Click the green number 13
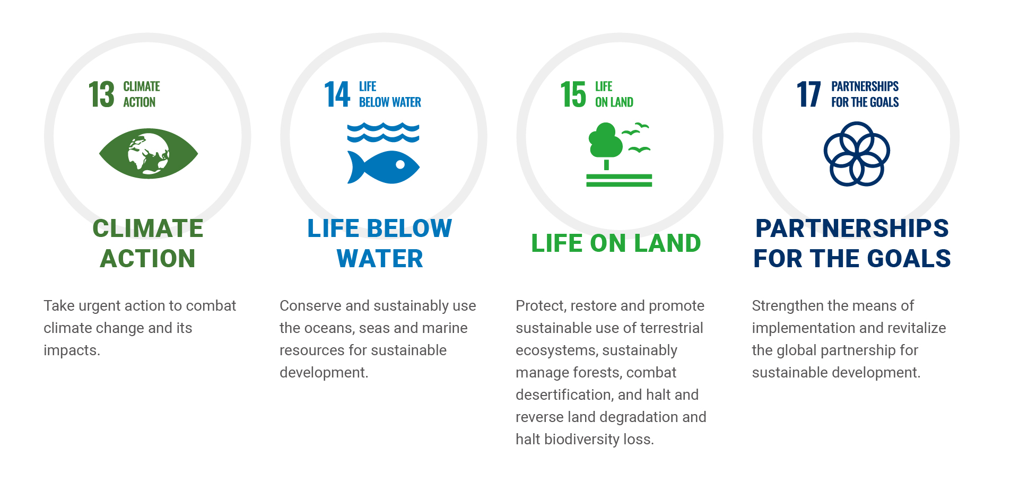[x=101, y=94]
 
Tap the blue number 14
[x=337, y=94]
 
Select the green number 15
[x=573, y=94]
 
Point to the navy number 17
[x=809, y=94]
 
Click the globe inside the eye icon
[x=149, y=154]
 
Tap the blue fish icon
[x=384, y=167]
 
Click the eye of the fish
[x=400, y=164]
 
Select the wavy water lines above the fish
[x=383, y=133]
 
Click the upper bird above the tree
[x=642, y=125]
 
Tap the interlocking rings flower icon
[x=857, y=154]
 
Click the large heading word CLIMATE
[x=148, y=229]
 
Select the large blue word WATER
[x=380, y=259]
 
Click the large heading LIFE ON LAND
[x=616, y=243]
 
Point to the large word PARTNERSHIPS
[x=852, y=229]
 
